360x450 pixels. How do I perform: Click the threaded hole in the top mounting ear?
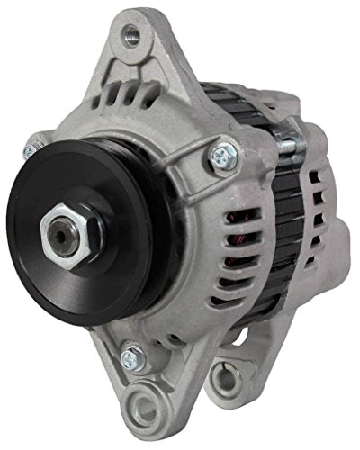[x=132, y=35]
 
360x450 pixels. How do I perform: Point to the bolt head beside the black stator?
[x=222, y=156]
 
